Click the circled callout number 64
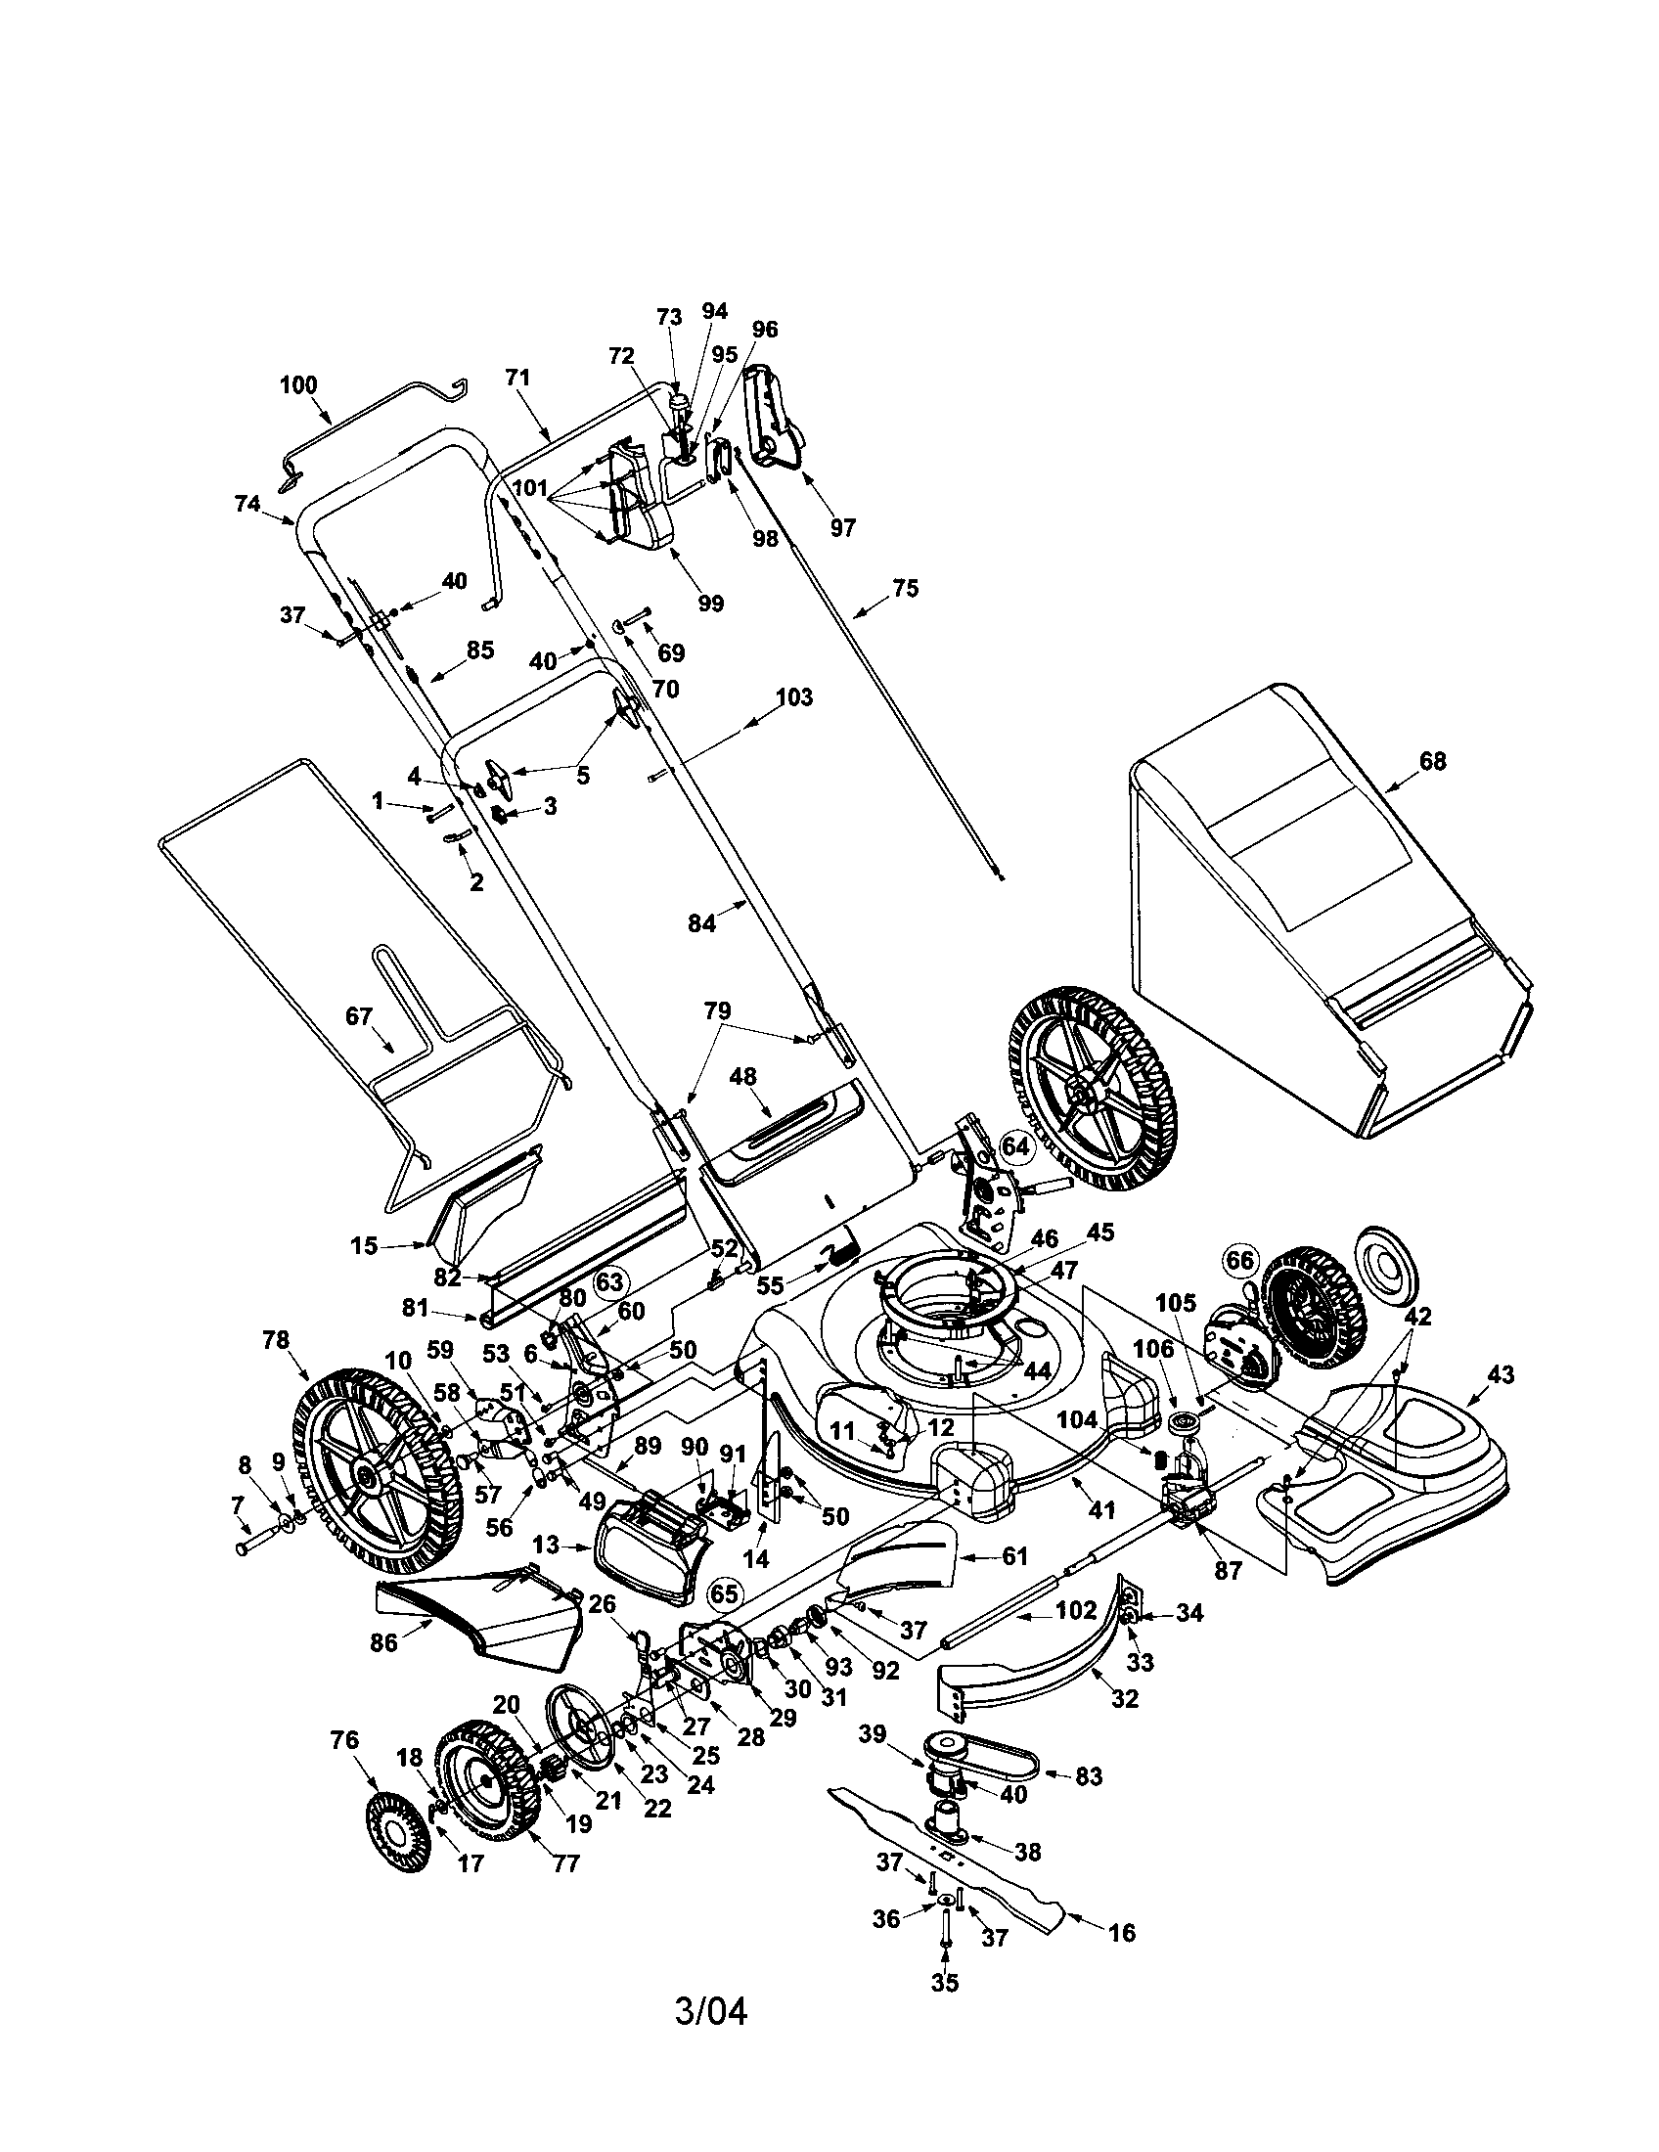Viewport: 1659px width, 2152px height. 1014,1146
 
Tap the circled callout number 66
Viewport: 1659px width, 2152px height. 1239,1260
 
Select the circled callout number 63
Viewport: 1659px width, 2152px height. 611,1281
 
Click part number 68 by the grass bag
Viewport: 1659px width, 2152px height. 1433,761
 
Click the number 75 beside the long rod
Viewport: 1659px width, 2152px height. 906,588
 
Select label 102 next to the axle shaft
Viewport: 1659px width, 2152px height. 1076,1610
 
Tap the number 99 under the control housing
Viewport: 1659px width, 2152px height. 710,603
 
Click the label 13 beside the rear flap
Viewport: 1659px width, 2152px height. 545,1545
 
